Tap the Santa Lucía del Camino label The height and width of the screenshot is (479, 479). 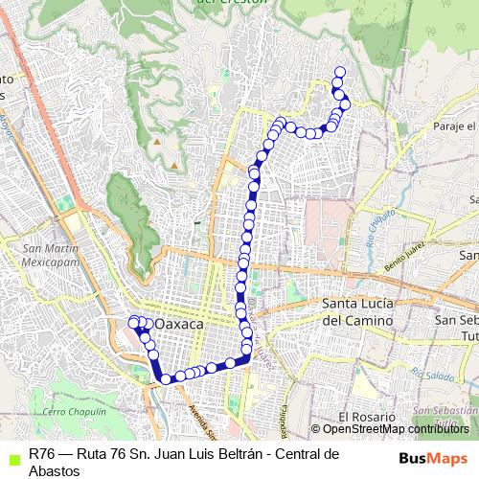tap(357, 313)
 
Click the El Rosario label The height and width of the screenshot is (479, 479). tap(367, 418)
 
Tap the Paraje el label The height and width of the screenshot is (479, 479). tap(453, 126)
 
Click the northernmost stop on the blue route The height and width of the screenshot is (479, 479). tap(338, 70)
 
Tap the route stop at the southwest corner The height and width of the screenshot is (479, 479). tap(166, 378)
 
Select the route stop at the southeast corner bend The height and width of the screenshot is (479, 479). tap(247, 356)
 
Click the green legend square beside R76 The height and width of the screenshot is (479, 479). tap(11, 455)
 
